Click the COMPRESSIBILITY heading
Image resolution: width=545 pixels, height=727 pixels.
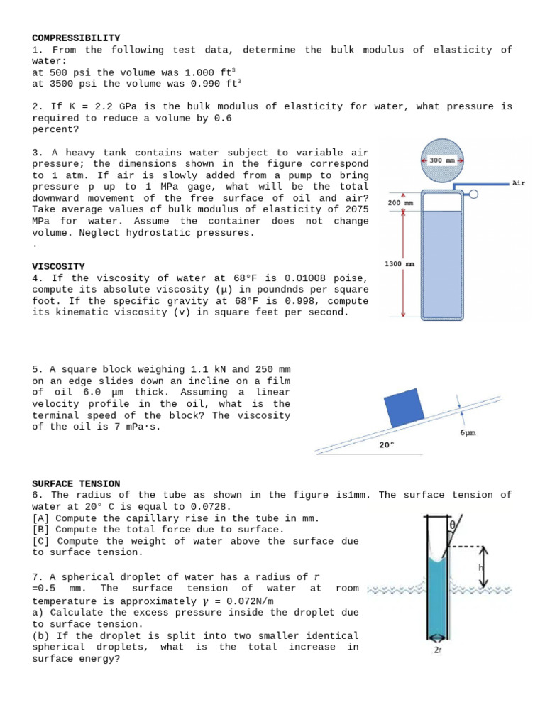tap(76, 38)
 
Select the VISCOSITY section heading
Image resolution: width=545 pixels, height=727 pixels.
tap(58, 266)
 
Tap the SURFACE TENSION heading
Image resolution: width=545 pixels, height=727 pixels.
tap(76, 483)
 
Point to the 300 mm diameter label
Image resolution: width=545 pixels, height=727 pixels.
tap(445, 160)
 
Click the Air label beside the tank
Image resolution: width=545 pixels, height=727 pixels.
tap(519, 183)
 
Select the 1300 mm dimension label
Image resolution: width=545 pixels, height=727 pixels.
tap(399, 264)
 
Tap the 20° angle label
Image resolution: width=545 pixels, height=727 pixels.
tap(386, 445)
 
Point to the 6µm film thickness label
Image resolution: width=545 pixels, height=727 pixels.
tap(468, 432)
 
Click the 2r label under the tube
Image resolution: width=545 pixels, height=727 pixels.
tap(438, 649)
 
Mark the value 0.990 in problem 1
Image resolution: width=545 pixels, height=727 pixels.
tap(201, 84)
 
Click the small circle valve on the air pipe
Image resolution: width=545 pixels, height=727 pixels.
tap(473, 193)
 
